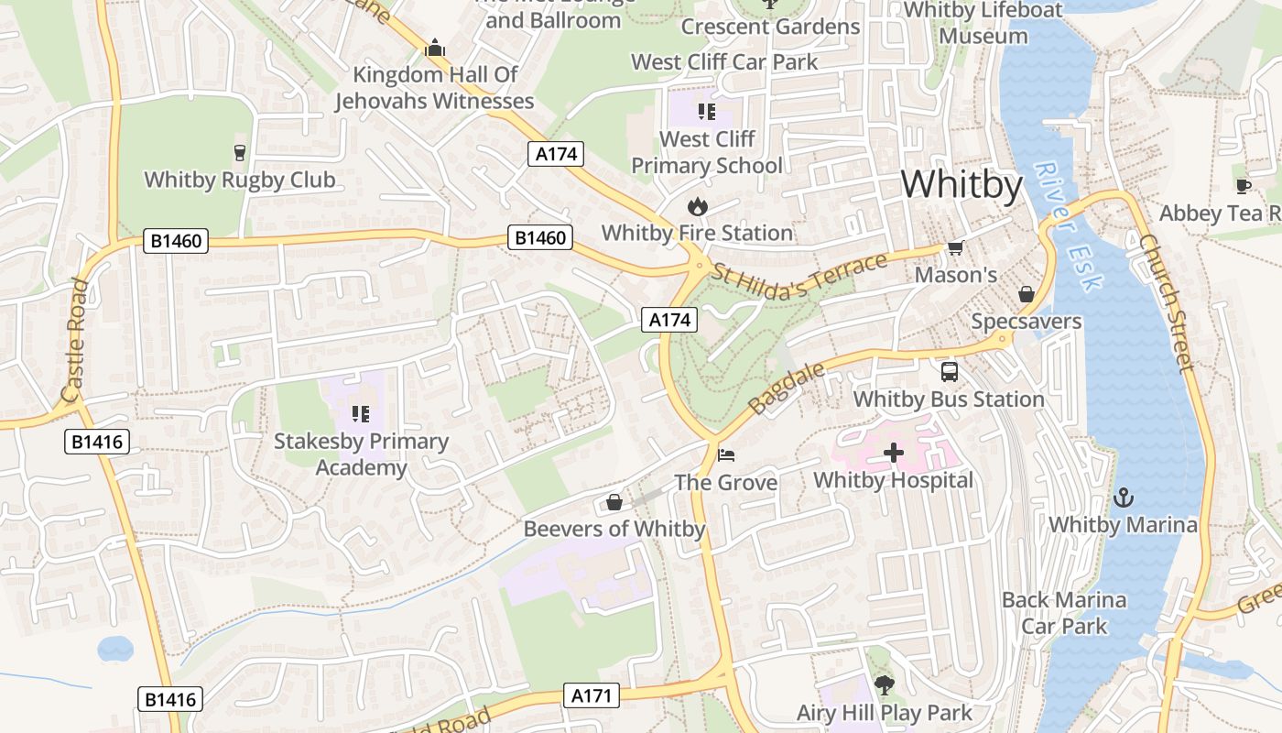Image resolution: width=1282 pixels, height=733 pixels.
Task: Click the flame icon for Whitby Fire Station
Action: tap(698, 206)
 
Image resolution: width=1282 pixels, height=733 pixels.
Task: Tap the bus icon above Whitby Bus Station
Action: tap(950, 372)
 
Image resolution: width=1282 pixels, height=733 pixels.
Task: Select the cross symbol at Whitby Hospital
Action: tap(893, 453)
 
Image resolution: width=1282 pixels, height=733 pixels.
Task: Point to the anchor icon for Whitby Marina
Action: tap(1123, 498)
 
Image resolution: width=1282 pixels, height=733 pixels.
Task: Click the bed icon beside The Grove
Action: tap(725, 455)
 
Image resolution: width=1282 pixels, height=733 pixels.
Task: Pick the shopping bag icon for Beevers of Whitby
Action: tap(614, 502)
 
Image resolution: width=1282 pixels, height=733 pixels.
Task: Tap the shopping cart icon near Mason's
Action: tap(956, 247)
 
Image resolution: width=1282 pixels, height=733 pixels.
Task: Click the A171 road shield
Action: tap(591, 695)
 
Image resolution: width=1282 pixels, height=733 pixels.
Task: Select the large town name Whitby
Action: tap(961, 185)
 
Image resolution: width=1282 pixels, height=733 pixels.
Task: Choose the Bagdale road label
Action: tap(787, 388)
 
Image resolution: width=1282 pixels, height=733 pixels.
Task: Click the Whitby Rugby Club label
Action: tap(240, 180)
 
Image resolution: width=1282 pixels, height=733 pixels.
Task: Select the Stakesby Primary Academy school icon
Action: tap(360, 413)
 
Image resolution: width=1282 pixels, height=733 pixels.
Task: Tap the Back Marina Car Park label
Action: tap(1064, 613)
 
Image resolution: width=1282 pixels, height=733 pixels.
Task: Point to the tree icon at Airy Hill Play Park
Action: tap(884, 684)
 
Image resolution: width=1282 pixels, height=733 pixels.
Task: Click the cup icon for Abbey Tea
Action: tap(1243, 186)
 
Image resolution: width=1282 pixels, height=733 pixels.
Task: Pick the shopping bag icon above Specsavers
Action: tap(1027, 294)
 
